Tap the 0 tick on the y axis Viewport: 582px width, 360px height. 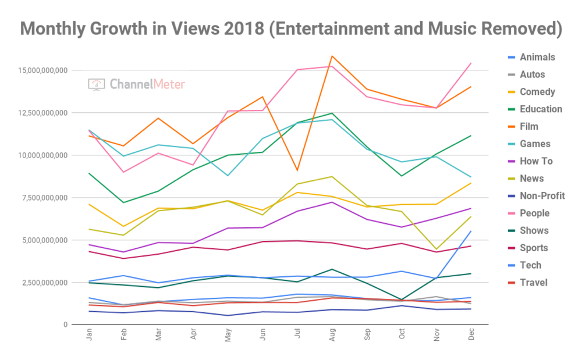pyautogui.click(x=66, y=325)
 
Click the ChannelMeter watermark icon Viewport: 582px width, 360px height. pyautogui.click(x=97, y=84)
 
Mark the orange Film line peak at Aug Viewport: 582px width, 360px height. pyautogui.click(x=331, y=56)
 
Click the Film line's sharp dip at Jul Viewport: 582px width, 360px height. pyautogui.click(x=297, y=170)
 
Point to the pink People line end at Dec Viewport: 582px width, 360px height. pyautogui.click(x=470, y=63)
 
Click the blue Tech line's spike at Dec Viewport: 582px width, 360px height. pyautogui.click(x=470, y=231)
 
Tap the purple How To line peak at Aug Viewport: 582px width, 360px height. pyautogui.click(x=331, y=202)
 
